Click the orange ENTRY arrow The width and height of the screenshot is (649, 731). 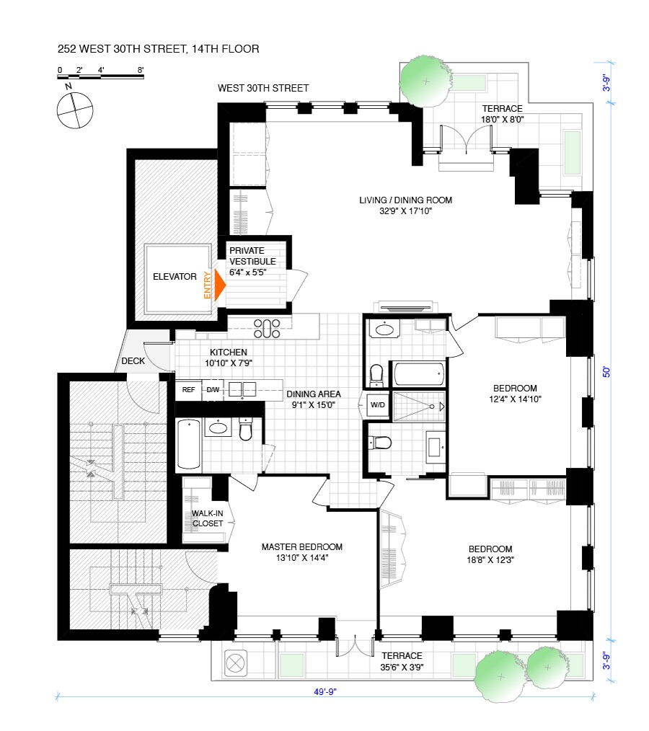click(x=218, y=285)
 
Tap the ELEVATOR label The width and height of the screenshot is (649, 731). click(x=175, y=276)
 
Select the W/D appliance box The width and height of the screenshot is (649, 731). click(x=377, y=404)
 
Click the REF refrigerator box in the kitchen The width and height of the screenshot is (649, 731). click(x=189, y=390)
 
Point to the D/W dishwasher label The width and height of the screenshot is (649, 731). click(x=213, y=390)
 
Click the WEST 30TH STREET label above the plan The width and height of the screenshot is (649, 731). click(x=263, y=88)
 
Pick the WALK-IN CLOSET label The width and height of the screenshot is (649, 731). click(x=207, y=518)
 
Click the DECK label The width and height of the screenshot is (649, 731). click(x=133, y=361)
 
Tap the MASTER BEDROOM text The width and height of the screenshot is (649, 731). click(x=301, y=546)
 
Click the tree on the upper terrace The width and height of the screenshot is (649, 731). click(x=423, y=76)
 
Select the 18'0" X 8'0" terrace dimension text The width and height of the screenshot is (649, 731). click(x=503, y=120)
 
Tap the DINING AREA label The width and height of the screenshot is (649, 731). click(x=313, y=394)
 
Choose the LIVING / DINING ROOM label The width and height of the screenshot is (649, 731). click(x=406, y=200)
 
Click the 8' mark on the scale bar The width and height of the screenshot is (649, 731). click(x=141, y=70)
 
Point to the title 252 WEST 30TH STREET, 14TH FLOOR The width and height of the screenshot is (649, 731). click(x=159, y=49)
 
